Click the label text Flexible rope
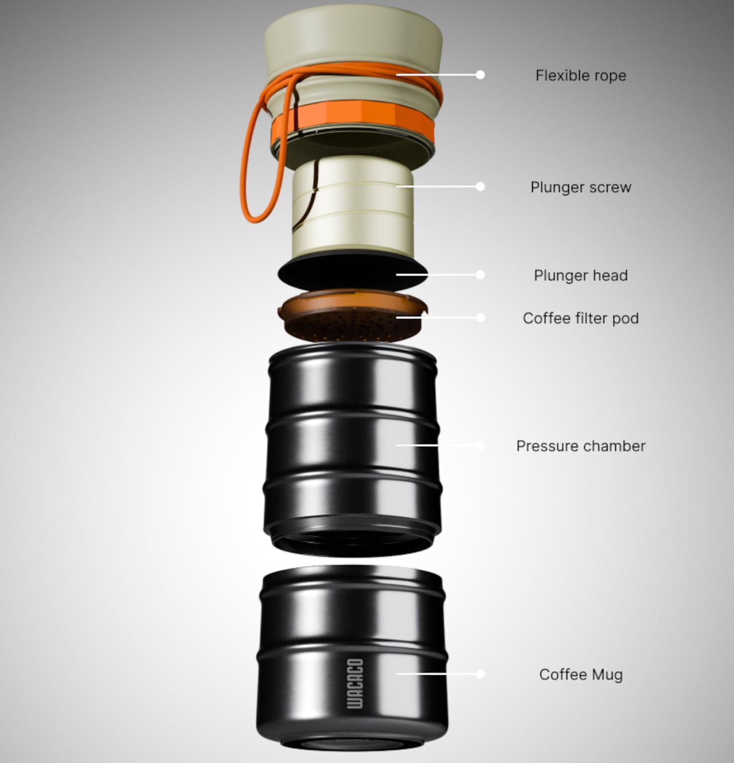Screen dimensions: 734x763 click(581, 75)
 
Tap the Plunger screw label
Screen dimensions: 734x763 click(581, 187)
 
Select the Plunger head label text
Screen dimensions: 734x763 click(581, 275)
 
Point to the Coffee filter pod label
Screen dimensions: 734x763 click(581, 318)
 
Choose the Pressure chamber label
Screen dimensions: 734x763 click(581, 446)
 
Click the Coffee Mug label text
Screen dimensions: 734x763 click(581, 675)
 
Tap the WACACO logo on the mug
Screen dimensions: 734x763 click(355, 683)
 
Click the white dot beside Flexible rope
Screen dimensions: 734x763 click(480, 75)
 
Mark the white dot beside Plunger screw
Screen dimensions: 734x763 click(480, 186)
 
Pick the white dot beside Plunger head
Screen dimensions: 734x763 click(480, 275)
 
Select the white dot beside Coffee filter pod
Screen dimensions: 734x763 click(480, 318)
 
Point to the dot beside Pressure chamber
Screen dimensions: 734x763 click(480, 445)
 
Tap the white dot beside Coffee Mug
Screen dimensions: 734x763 click(480, 674)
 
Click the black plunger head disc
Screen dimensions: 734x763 click(353, 271)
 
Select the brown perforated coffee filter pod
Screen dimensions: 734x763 click(353, 316)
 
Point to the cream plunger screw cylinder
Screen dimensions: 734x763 click(353, 208)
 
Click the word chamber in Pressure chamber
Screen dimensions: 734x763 click(614, 446)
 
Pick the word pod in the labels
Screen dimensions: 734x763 click(626, 318)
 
